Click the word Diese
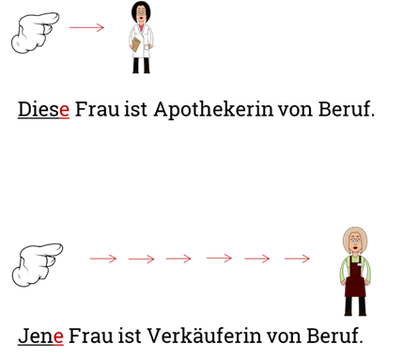43,109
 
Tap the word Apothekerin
213,110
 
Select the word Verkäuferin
204,336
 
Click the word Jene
40,336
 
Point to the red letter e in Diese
64,110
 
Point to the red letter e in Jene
58,337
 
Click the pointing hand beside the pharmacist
35,33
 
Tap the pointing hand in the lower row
38,265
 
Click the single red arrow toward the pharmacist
86,27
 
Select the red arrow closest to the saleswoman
297,258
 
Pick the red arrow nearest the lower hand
103,258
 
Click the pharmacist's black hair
141,10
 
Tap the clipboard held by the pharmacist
136,44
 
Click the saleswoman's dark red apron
355,280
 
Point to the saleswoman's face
355,243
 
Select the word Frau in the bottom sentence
90,336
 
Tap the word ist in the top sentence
135,110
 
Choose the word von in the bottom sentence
284,337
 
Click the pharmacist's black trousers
141,65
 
